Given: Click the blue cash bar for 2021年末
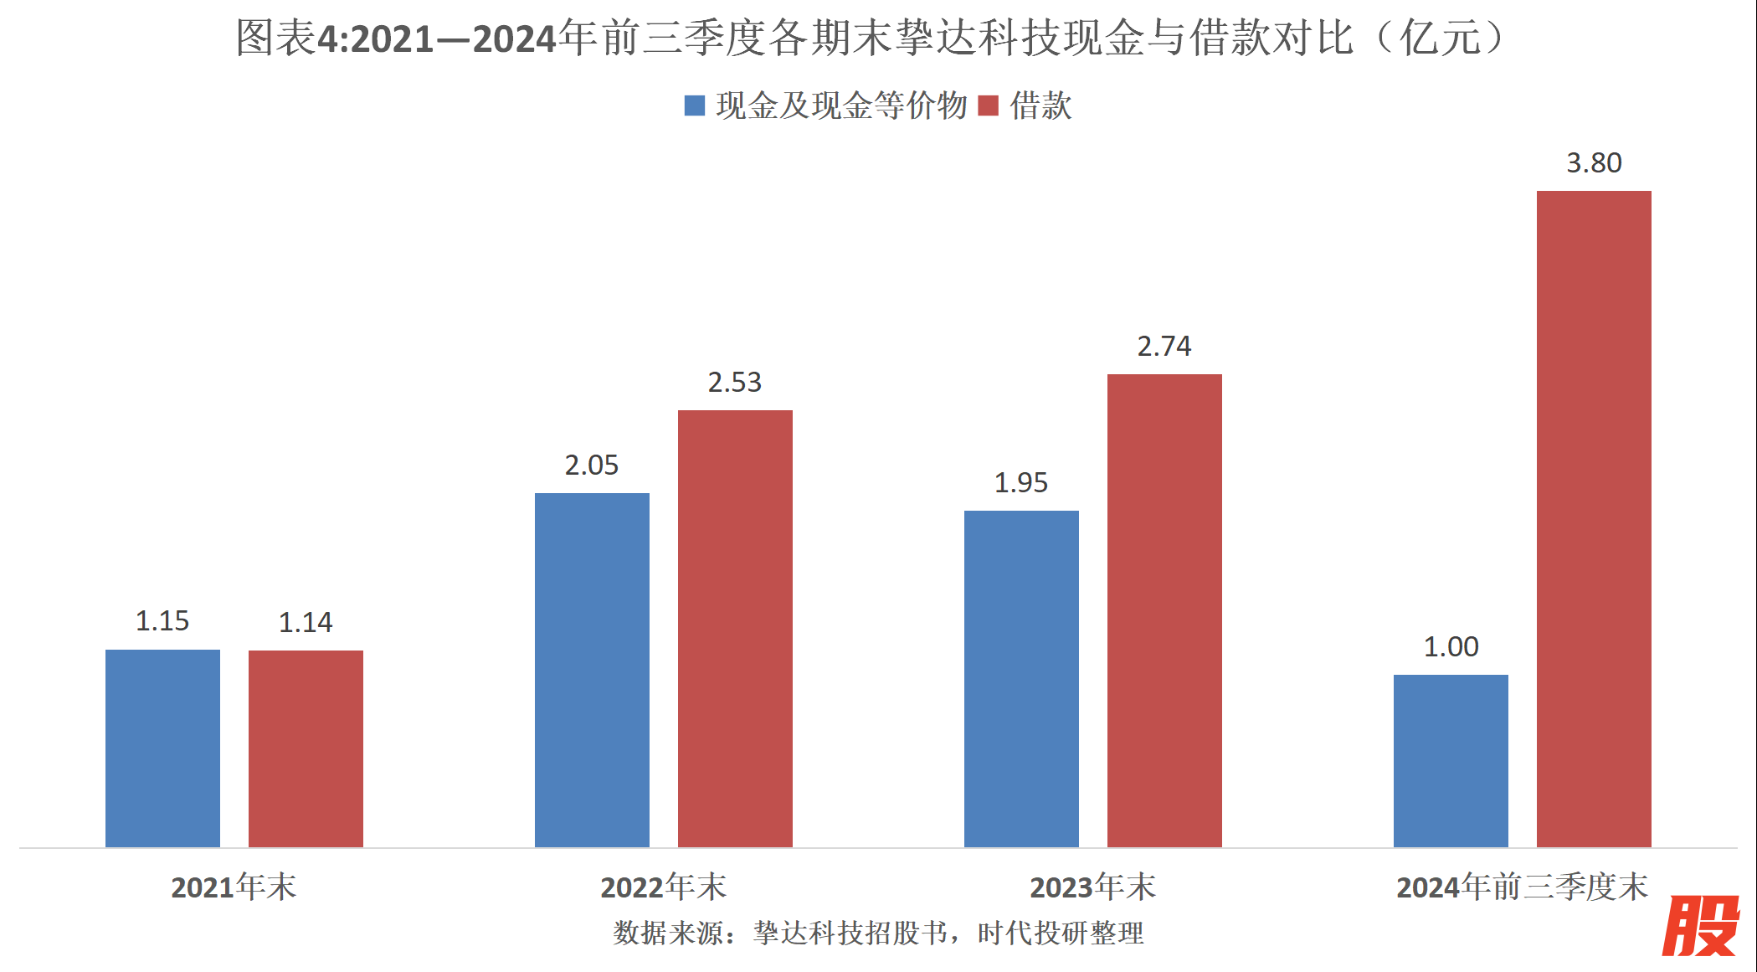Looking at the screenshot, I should [x=162, y=748].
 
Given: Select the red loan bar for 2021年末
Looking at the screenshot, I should [x=306, y=748].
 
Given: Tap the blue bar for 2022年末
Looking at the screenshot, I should [x=592, y=670].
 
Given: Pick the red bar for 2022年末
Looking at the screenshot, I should [x=735, y=628].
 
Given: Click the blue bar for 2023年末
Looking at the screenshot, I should [x=1021, y=678].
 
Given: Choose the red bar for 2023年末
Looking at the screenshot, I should [x=1164, y=610].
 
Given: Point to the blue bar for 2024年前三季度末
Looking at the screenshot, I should [x=1451, y=760].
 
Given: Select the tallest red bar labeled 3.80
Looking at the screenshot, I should [x=1594, y=518].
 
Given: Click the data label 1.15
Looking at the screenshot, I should [x=162, y=621].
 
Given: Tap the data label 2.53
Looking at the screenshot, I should [x=735, y=383].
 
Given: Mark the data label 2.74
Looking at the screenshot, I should [x=1164, y=347].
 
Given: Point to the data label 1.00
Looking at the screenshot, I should [x=1451, y=647].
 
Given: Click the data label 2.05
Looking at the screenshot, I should [x=592, y=465].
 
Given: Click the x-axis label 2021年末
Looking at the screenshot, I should [x=234, y=887].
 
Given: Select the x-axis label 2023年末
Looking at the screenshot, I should [x=1092, y=887].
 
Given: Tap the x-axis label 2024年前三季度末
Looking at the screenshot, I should [x=1522, y=887].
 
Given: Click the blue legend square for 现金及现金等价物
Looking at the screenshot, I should [x=695, y=105].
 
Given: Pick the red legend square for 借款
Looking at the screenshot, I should [x=989, y=105].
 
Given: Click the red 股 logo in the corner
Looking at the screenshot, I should [x=1703, y=926].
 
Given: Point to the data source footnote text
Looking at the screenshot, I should [x=878, y=933].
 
